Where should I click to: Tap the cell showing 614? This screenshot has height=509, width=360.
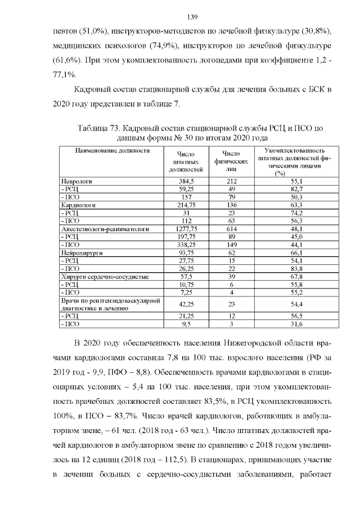231,229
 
